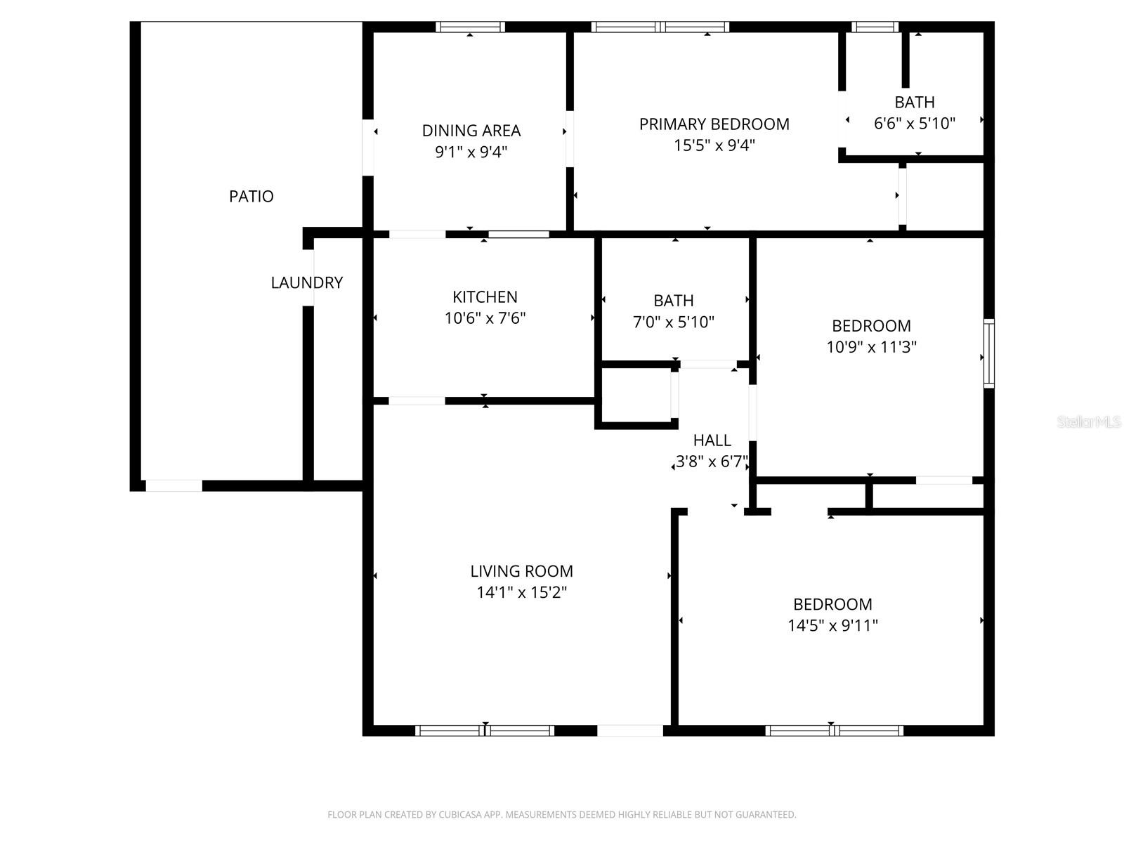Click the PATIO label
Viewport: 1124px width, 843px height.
pyautogui.click(x=251, y=196)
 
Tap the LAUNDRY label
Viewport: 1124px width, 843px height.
pyautogui.click(x=306, y=282)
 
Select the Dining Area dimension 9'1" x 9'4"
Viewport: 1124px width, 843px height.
pyautogui.click(x=471, y=152)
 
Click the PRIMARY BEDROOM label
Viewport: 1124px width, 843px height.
pyautogui.click(x=714, y=124)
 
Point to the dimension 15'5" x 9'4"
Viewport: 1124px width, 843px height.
pyautogui.click(x=714, y=145)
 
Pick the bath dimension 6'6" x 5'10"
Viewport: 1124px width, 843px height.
pyautogui.click(x=914, y=124)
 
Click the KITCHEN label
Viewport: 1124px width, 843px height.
pyautogui.click(x=485, y=297)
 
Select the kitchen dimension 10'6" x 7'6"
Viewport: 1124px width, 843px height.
pyautogui.click(x=485, y=318)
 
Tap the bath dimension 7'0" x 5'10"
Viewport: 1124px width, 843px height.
pyautogui.click(x=673, y=322)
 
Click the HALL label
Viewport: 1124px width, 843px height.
pyautogui.click(x=712, y=440)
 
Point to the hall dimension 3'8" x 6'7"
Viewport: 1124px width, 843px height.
pyautogui.click(x=712, y=462)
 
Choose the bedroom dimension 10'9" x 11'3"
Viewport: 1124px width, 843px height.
pyautogui.click(x=871, y=347)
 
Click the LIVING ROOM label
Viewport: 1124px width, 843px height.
pyautogui.click(x=521, y=571)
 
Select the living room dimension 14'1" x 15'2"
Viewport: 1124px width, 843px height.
pyautogui.click(x=521, y=592)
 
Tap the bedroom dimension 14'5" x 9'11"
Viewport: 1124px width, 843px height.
pyautogui.click(x=832, y=625)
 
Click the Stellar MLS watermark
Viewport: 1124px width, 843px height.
pyautogui.click(x=1089, y=421)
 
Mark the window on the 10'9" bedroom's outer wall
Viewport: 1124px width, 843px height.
pyautogui.click(x=988, y=353)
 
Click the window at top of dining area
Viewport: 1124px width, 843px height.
pyautogui.click(x=470, y=27)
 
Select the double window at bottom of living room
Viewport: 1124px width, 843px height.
pyautogui.click(x=485, y=731)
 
